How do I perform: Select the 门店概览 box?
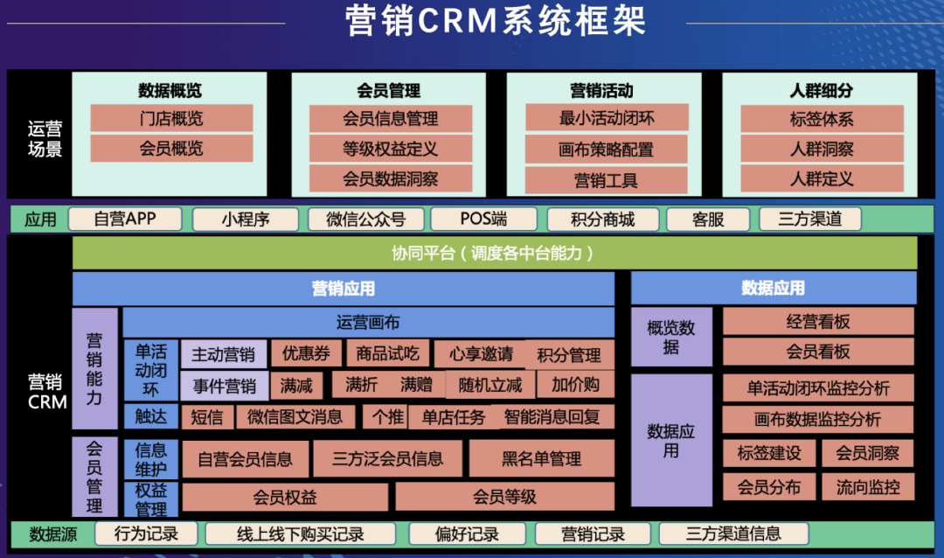pyautogui.click(x=171, y=119)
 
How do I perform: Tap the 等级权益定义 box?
pyautogui.click(x=390, y=149)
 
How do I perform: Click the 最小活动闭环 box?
pyautogui.click(x=607, y=118)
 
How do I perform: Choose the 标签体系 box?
pyautogui.click(x=822, y=119)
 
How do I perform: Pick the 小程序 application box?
pyautogui.click(x=246, y=219)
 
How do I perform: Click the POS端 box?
pyautogui.click(x=483, y=219)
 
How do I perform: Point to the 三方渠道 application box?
pyautogui.click(x=810, y=219)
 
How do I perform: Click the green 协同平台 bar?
pyautogui.click(x=495, y=253)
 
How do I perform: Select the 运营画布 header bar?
pyautogui.click(x=368, y=322)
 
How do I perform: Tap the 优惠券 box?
pyautogui.click(x=306, y=353)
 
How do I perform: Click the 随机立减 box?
pyautogui.click(x=489, y=384)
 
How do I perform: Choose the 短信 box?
pyautogui.click(x=207, y=416)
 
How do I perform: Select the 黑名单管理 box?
pyautogui.click(x=541, y=458)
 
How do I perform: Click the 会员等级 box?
pyautogui.click(x=504, y=497)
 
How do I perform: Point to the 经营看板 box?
pyautogui.click(x=818, y=321)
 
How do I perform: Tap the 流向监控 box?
pyautogui.click(x=868, y=487)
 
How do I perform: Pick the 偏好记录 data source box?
pyautogui.click(x=467, y=534)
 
